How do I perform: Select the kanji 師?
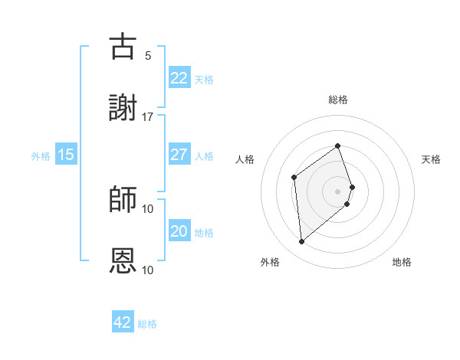123,200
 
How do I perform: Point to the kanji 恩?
123,261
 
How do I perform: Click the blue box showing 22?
179,78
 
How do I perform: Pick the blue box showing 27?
179,155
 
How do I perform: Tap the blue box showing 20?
179,231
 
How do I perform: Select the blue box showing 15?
66,155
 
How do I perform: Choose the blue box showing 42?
123,322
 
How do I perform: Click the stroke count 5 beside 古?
148,55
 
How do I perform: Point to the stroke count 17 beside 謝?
148,116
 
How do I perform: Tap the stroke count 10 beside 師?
148,208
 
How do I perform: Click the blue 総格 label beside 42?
147,324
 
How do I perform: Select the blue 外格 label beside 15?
41,155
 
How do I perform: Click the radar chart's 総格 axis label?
338,100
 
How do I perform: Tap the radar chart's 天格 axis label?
431,159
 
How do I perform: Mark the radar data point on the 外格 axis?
302,242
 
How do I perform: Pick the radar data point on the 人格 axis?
294,177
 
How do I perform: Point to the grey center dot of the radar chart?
338,191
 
